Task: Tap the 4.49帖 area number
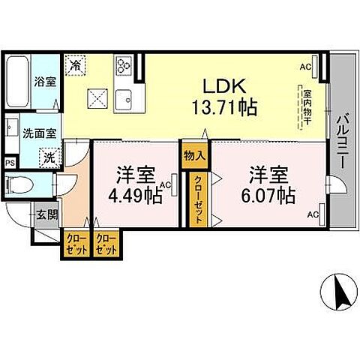(x=135, y=195)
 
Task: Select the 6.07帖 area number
(x=268, y=195)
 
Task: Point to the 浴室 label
(x=45, y=82)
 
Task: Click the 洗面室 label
(x=40, y=133)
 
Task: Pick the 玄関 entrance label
(x=47, y=214)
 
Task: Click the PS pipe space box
(x=10, y=163)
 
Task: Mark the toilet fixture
(x=19, y=184)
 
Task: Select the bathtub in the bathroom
(x=17, y=82)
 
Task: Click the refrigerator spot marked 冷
(x=75, y=65)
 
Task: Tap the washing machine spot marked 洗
(x=49, y=157)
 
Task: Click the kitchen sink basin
(x=124, y=100)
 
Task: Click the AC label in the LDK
(x=306, y=67)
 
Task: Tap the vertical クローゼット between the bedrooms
(x=199, y=199)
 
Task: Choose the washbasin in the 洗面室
(x=11, y=127)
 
